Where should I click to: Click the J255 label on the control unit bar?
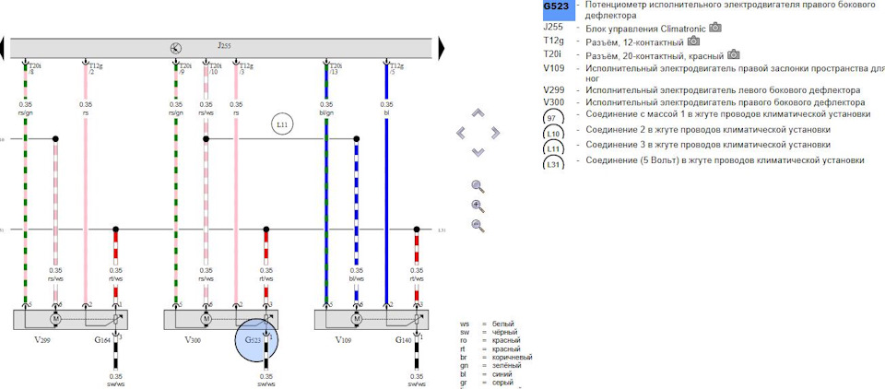pyautogui.click(x=224, y=45)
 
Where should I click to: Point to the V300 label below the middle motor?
pyautogui.click(x=193, y=341)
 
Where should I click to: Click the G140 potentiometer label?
pyautogui.click(x=404, y=341)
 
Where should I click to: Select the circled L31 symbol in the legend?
pyautogui.click(x=553, y=162)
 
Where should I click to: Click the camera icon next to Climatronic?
pyautogui.click(x=715, y=28)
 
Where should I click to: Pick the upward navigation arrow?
pyautogui.click(x=478, y=114)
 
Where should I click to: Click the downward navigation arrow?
pyautogui.click(x=478, y=152)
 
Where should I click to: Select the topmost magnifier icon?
pyautogui.click(x=478, y=185)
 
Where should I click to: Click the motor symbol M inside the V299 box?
pyautogui.click(x=54, y=319)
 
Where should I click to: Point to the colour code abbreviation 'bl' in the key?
pyautogui.click(x=466, y=374)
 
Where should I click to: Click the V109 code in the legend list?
pyautogui.click(x=554, y=67)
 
